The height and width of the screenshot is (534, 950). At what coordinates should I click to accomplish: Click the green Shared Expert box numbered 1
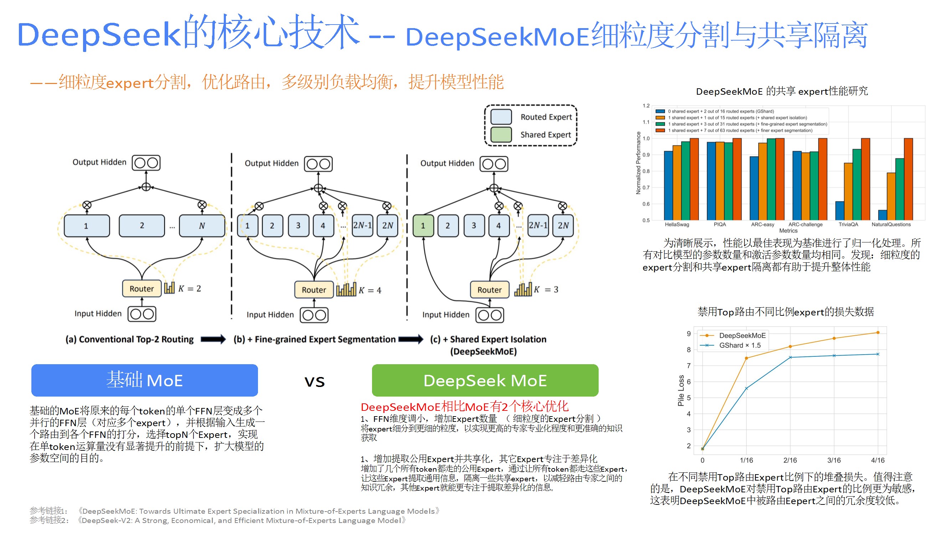point(423,226)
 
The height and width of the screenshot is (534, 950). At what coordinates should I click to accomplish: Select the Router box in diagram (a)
point(141,289)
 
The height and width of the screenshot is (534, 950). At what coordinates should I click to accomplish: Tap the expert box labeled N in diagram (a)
point(202,226)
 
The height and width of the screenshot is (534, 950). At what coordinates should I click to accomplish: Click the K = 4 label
point(370,290)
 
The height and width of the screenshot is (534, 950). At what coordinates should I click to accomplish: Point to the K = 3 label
point(546,290)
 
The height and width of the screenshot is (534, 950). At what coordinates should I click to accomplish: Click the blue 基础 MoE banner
point(144,380)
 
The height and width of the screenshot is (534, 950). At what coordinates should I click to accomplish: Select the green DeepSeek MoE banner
point(485,380)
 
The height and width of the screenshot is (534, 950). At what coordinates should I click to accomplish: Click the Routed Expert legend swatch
point(501,117)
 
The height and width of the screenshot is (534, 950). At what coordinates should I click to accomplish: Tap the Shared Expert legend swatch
point(501,135)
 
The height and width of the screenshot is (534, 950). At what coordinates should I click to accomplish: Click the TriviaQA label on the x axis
point(848,224)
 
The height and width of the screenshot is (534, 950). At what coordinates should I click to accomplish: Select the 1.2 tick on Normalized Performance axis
point(646,106)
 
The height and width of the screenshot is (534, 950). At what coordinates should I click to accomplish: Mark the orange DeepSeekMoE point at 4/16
point(878,333)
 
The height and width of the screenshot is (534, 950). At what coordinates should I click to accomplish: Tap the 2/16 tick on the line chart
point(790,460)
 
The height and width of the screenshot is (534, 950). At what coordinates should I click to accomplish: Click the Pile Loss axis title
point(681,391)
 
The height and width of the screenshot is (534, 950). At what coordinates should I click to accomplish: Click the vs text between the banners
point(315,382)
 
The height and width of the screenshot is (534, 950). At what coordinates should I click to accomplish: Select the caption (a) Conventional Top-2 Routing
point(129,339)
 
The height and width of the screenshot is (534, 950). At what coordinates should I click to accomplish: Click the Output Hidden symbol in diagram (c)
point(494,164)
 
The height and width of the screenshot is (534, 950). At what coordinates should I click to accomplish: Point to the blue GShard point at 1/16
point(747,388)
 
